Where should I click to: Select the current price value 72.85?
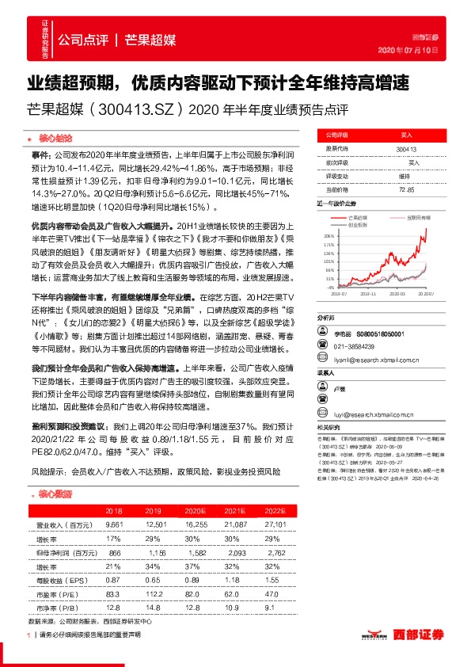click(x=406, y=189)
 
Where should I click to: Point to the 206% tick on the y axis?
click(x=329, y=236)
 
